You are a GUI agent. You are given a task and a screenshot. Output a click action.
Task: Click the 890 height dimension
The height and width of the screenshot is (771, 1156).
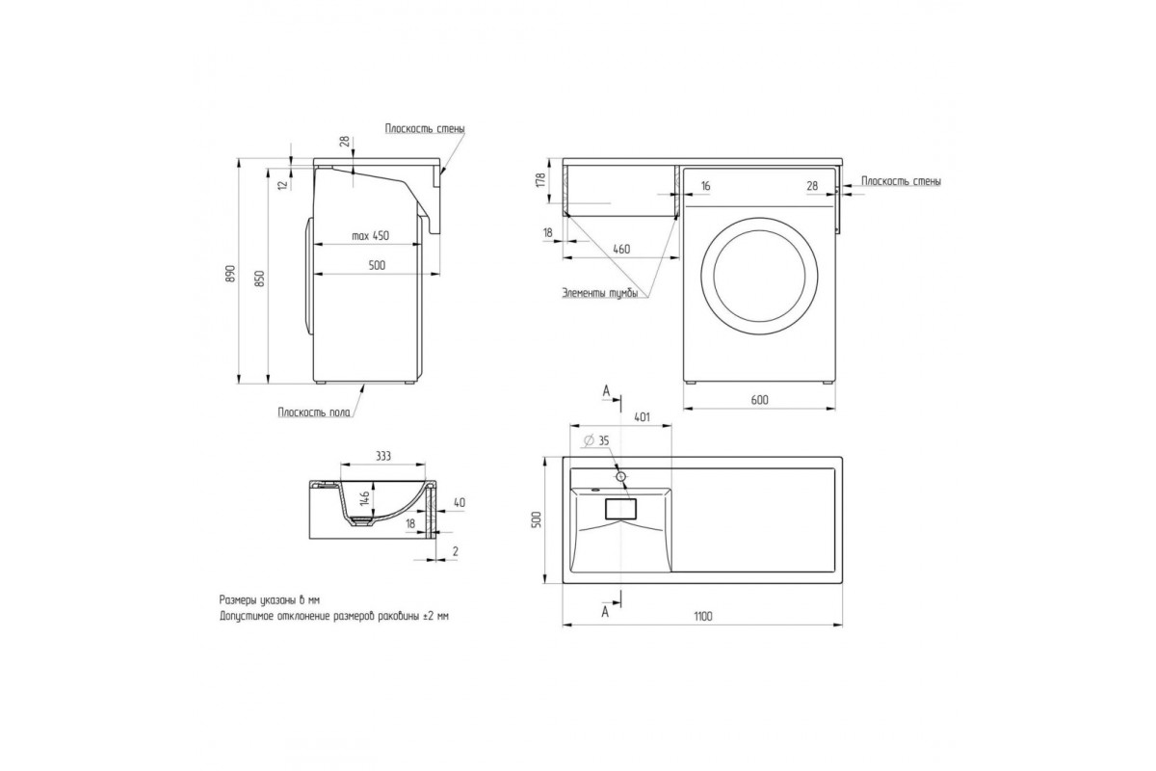click(230, 273)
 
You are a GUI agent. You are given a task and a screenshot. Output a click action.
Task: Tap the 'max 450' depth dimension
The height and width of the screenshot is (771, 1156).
click(370, 236)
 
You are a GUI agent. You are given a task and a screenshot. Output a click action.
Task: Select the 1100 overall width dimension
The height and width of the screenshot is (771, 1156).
click(703, 616)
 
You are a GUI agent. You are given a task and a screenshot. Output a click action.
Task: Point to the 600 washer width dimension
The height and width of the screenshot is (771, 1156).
click(760, 400)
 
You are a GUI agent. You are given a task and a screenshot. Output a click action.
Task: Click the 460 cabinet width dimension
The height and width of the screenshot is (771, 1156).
click(621, 249)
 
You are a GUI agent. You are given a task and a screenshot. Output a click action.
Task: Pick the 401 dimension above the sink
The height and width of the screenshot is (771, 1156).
click(642, 416)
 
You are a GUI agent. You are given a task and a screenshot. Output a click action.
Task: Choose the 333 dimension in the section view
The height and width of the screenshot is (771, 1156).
click(383, 456)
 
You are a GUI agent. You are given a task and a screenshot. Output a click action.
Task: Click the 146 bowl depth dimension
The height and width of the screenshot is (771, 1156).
click(364, 498)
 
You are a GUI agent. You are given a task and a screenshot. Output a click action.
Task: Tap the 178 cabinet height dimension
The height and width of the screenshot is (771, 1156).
click(540, 180)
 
